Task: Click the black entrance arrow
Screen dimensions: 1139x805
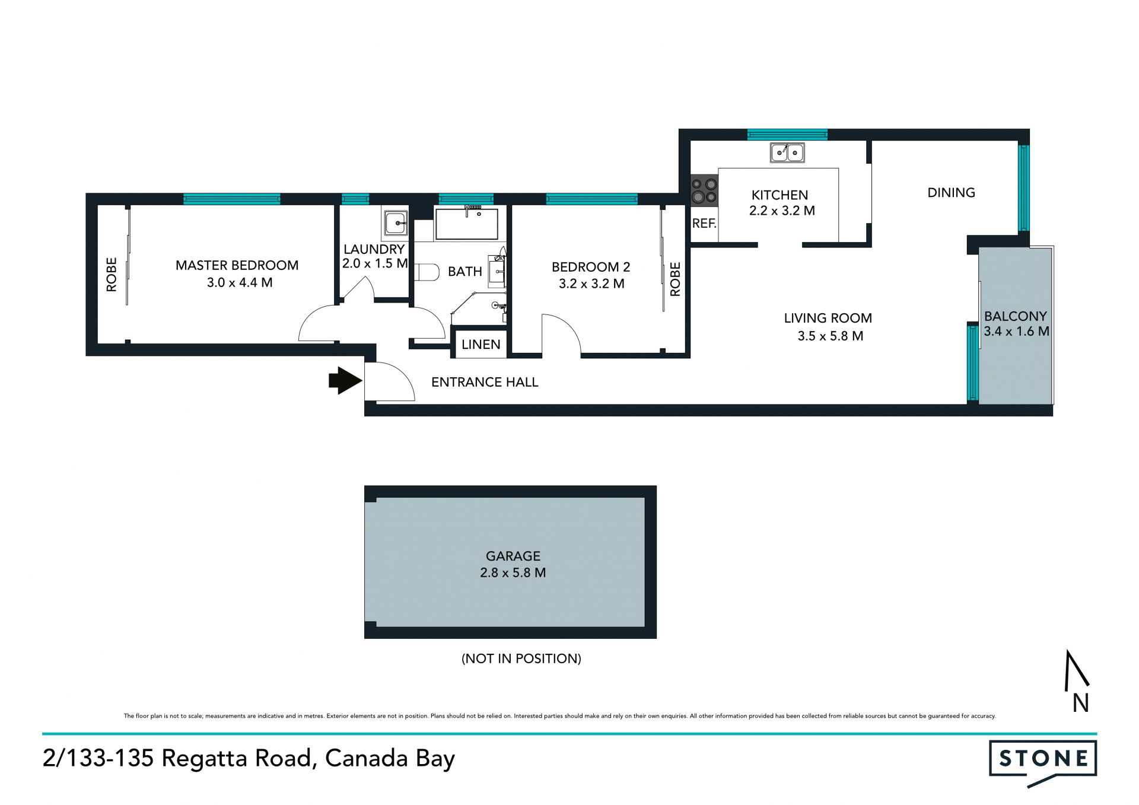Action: [x=345, y=381]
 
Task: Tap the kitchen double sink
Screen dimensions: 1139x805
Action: [x=787, y=152]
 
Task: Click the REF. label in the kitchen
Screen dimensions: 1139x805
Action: [x=704, y=224]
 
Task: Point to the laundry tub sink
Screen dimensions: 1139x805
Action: [x=395, y=224]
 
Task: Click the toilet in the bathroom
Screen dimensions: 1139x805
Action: [x=426, y=272]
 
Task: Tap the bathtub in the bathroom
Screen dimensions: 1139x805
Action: [x=467, y=223]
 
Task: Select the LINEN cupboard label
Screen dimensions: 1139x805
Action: [x=481, y=345]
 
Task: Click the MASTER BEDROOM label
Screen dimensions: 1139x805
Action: [x=237, y=265]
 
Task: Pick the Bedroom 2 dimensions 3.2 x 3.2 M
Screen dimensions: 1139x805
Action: [x=591, y=284]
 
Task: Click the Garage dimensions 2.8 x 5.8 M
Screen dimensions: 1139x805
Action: [x=513, y=572]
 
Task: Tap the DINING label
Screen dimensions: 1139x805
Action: [x=951, y=192]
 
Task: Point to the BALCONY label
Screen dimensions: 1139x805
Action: [x=1015, y=316]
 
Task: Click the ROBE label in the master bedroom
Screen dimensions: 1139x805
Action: [x=112, y=274]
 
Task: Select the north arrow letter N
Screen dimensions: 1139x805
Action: [x=1080, y=703]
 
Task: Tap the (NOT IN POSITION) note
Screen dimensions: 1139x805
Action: [x=521, y=658]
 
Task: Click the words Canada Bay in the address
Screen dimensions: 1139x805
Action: [x=390, y=759]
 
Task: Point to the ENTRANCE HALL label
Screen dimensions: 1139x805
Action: [x=485, y=382]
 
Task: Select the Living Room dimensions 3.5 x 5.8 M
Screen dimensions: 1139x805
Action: [x=830, y=336]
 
